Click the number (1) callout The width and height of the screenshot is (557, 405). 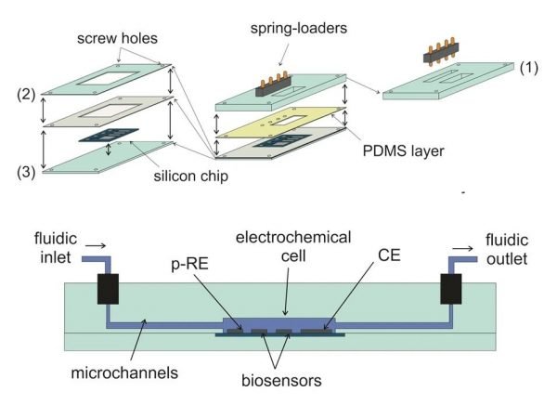tap(529, 68)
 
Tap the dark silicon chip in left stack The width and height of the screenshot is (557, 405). tap(104, 136)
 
